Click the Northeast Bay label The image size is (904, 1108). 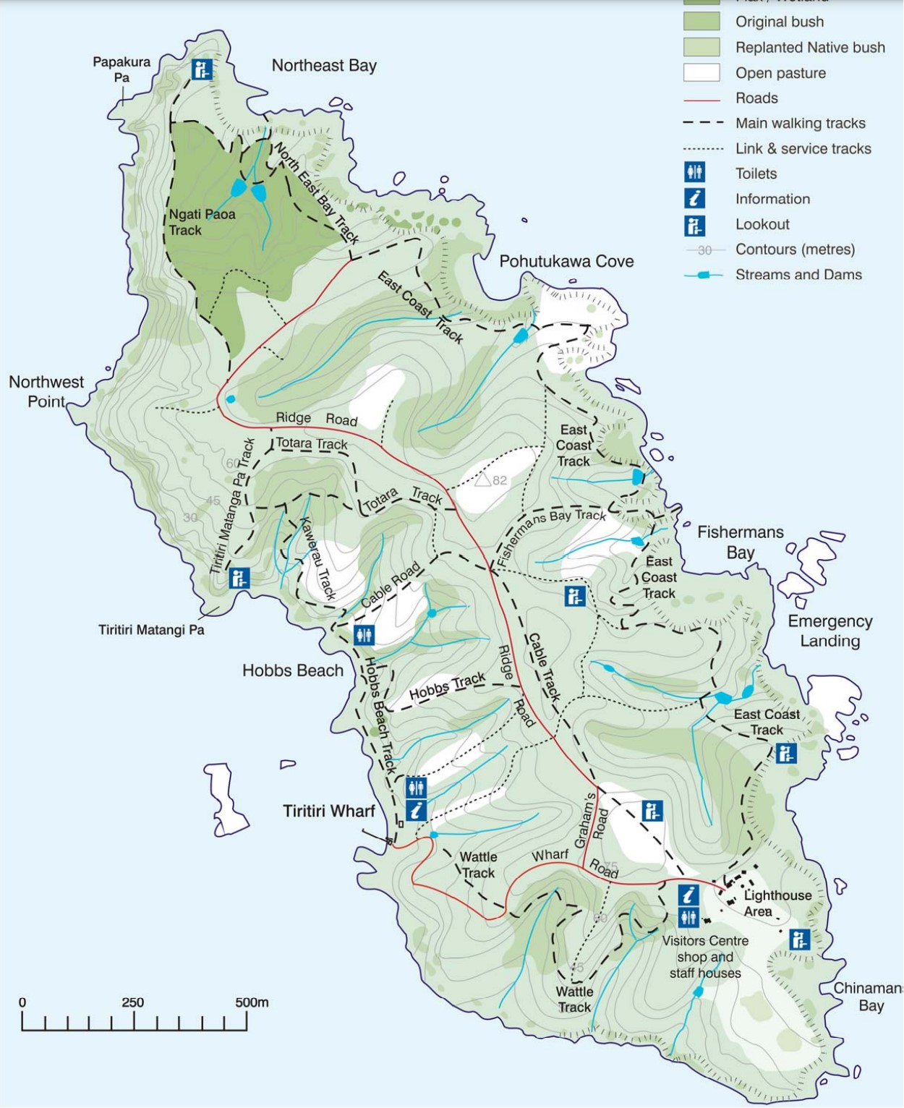[324, 66]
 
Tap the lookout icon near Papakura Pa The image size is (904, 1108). [202, 69]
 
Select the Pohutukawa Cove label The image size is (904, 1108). [566, 262]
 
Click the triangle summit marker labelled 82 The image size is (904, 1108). [483, 479]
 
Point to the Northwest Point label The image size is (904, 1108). [46, 391]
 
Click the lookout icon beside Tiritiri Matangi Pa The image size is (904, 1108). [239, 578]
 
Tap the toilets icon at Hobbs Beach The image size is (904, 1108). [364, 635]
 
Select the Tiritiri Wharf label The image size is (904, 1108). [329, 811]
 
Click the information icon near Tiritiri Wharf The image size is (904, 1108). [416, 811]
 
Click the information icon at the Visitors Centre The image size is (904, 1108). [688, 895]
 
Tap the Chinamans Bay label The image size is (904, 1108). [867, 997]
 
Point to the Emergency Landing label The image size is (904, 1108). [830, 631]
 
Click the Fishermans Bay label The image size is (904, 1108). [740, 542]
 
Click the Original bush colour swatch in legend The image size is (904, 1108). [702, 22]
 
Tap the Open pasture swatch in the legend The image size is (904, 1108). [702, 73]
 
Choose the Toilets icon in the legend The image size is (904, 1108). [695, 173]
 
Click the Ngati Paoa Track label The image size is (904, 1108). [202, 222]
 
